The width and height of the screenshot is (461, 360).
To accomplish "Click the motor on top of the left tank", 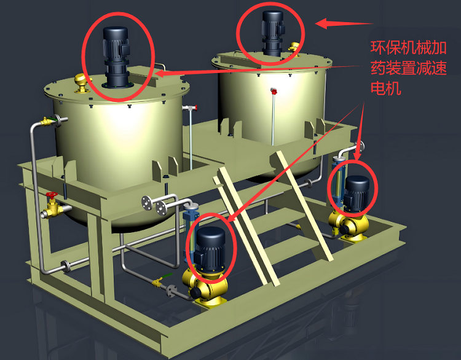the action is (116, 57).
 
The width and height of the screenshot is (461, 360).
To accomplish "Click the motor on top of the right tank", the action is (273, 33).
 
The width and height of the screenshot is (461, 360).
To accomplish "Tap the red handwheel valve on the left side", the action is (53, 206).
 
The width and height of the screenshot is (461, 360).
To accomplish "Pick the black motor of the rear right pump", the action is (356, 194).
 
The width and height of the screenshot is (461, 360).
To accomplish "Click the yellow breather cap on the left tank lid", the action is (81, 83).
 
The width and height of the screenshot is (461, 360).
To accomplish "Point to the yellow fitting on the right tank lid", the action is (294, 47).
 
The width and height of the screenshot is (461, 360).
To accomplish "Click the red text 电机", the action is (386, 88).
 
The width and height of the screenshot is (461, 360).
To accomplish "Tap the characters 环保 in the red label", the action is (385, 47).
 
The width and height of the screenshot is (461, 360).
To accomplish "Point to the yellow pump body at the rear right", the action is (349, 225).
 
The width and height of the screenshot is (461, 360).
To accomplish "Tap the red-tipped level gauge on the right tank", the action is (274, 116).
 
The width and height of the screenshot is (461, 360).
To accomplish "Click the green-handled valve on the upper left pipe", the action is (47, 120).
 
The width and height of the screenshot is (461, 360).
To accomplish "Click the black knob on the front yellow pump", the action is (196, 292).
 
